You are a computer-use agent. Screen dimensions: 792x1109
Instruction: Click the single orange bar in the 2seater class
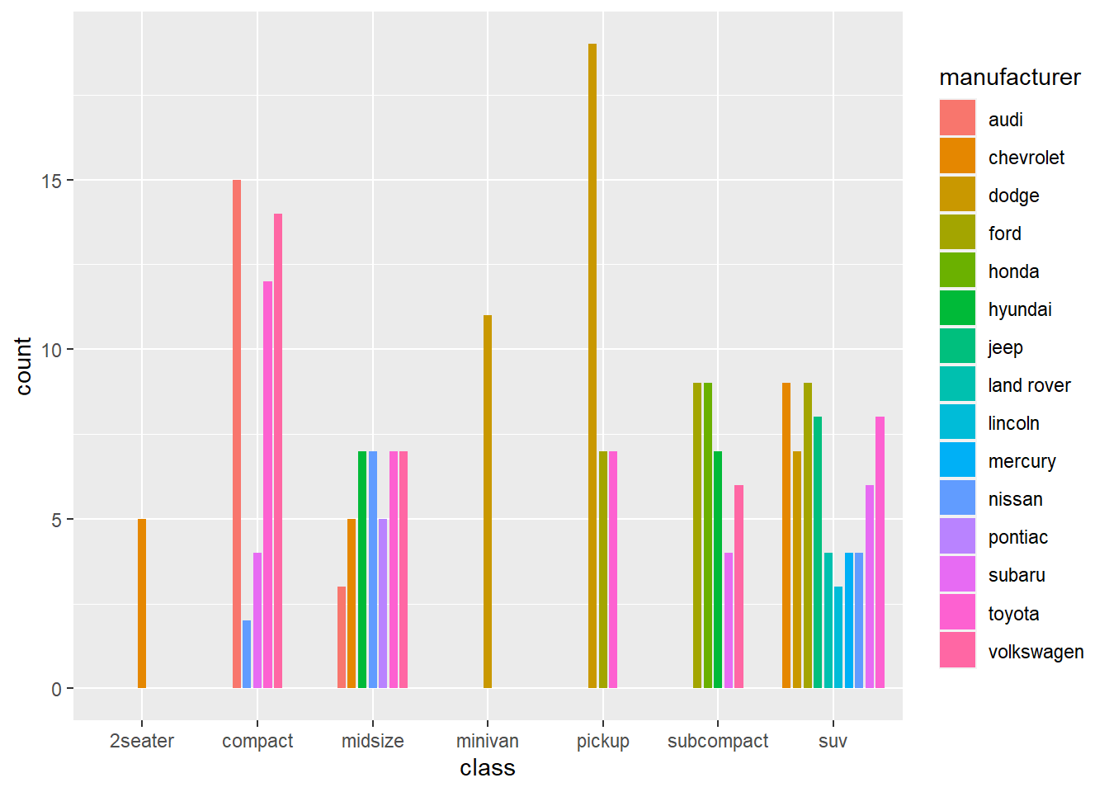pyautogui.click(x=142, y=603)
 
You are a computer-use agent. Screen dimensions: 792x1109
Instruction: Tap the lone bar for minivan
pyautogui.click(x=488, y=501)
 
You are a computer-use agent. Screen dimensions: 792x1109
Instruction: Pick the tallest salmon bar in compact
pyautogui.click(x=237, y=433)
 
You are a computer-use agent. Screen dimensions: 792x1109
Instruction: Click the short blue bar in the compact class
pyautogui.click(x=247, y=653)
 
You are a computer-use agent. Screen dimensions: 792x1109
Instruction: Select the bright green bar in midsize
pyautogui.click(x=362, y=569)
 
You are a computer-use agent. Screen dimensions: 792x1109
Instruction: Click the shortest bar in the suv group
pyautogui.click(x=838, y=637)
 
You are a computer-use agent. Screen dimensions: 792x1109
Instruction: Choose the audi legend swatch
pyautogui.click(x=957, y=118)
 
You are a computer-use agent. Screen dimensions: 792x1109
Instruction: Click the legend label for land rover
pyautogui.click(x=1029, y=385)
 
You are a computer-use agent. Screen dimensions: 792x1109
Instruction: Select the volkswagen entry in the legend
pyautogui.click(x=1036, y=652)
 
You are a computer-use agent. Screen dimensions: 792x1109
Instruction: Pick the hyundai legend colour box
pyautogui.click(x=957, y=309)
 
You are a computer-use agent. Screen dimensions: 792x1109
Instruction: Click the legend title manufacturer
pyautogui.click(x=1009, y=78)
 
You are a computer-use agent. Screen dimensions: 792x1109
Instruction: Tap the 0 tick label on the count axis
pyautogui.click(x=56, y=689)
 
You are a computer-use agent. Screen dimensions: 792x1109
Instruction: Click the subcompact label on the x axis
pyautogui.click(x=717, y=741)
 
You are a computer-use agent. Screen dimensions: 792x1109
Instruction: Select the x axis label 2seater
pyautogui.click(x=142, y=741)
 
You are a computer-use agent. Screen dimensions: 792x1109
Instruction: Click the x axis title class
pyautogui.click(x=488, y=768)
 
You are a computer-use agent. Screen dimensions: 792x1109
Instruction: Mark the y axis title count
pyautogui.click(x=23, y=365)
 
